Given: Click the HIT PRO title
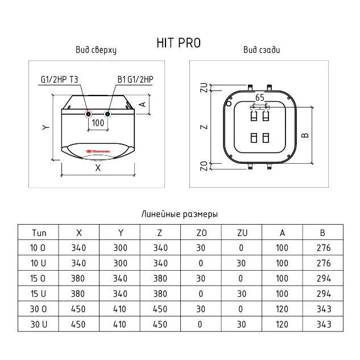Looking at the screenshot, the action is pyautogui.click(x=179, y=43).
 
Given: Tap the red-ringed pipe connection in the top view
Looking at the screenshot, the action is pyautogui.click(x=88, y=114).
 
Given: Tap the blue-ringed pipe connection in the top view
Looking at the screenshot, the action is pyautogui.click(x=107, y=114).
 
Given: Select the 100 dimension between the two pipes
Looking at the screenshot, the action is pyautogui.click(x=98, y=123).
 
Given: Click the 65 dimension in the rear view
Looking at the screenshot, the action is pyautogui.click(x=260, y=98).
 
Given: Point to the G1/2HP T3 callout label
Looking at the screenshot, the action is pyautogui.click(x=60, y=80).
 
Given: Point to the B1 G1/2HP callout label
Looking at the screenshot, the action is pyautogui.click(x=135, y=80).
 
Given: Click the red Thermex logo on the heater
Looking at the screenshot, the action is pyautogui.click(x=98, y=151).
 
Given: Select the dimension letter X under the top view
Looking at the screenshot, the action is pyautogui.click(x=98, y=168).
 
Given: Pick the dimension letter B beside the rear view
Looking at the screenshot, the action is pyautogui.click(x=305, y=135).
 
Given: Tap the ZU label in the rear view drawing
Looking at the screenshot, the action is pyautogui.click(x=204, y=88).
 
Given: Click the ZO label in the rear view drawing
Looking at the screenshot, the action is pyautogui.click(x=204, y=166).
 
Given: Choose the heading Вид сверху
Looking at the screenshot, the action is pyautogui.click(x=96, y=50).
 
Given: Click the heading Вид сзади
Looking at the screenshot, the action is pyautogui.click(x=262, y=50).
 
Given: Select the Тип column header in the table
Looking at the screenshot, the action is pyautogui.click(x=39, y=233).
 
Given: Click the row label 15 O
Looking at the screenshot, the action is pyautogui.click(x=38, y=279).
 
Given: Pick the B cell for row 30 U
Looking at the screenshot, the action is pyautogui.click(x=324, y=324).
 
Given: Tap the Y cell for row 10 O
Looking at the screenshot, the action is pyautogui.click(x=121, y=248).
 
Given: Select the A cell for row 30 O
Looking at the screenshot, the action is pyautogui.click(x=282, y=309).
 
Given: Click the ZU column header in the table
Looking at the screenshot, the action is pyautogui.click(x=242, y=233).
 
